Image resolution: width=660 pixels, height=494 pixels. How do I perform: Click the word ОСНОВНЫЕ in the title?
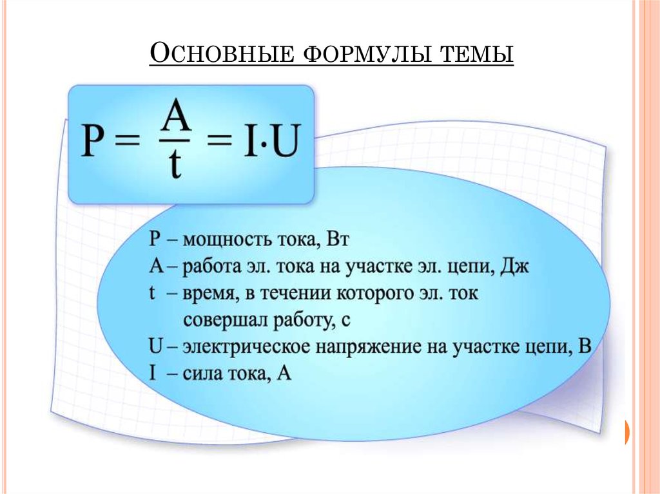pos(222,53)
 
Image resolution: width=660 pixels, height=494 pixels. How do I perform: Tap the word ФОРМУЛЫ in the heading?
pos(367,55)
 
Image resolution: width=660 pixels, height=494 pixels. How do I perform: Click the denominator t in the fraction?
pos(174,163)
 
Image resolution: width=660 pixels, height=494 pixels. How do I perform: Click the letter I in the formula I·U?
pos(251,140)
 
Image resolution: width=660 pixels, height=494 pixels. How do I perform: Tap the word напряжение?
pos(371,348)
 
